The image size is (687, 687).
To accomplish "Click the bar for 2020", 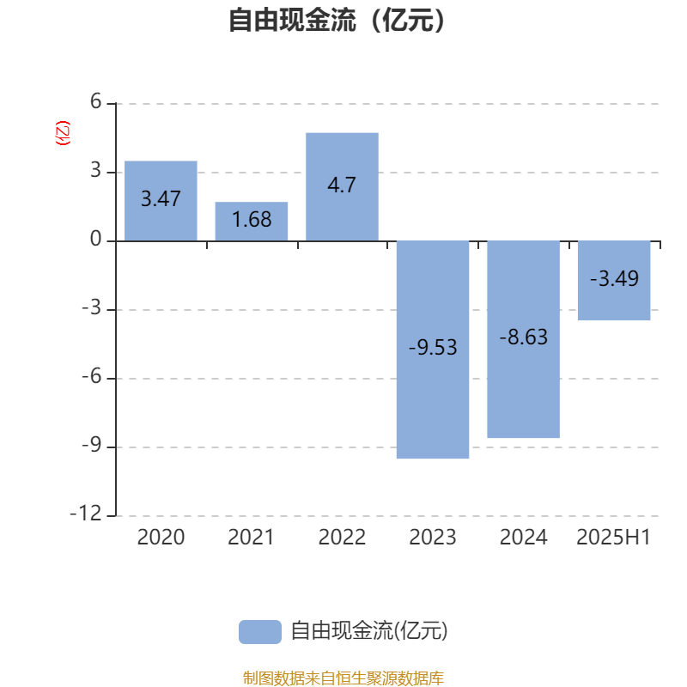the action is (x=161, y=201).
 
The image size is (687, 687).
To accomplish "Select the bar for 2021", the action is (x=252, y=222).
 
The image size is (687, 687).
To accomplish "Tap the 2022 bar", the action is (x=342, y=186).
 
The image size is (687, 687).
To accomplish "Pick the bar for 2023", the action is (x=433, y=350).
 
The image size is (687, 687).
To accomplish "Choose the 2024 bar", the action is (x=524, y=339).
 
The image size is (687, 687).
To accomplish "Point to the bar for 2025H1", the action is (x=614, y=281).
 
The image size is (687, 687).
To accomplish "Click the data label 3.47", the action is (x=161, y=199).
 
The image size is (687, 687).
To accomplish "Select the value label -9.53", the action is (x=433, y=348).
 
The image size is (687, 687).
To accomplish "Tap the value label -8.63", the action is (x=524, y=337).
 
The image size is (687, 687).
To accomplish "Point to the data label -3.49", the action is (x=614, y=278).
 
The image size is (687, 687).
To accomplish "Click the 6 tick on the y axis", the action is (x=96, y=101).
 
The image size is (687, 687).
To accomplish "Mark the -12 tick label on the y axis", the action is (x=86, y=513).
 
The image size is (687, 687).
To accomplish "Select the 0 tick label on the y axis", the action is (x=96, y=240).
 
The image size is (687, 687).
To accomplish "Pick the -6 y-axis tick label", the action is (x=92, y=376).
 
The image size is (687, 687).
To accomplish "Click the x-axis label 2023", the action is (x=433, y=538).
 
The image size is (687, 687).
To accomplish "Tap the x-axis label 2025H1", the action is (x=613, y=538).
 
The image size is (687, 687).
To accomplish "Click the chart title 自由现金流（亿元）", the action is (x=337, y=20).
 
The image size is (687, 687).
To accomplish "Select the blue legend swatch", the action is (x=260, y=632).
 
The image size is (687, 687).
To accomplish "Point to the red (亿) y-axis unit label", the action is (x=63, y=133).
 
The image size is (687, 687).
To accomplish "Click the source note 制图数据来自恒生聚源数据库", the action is (x=343, y=678).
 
